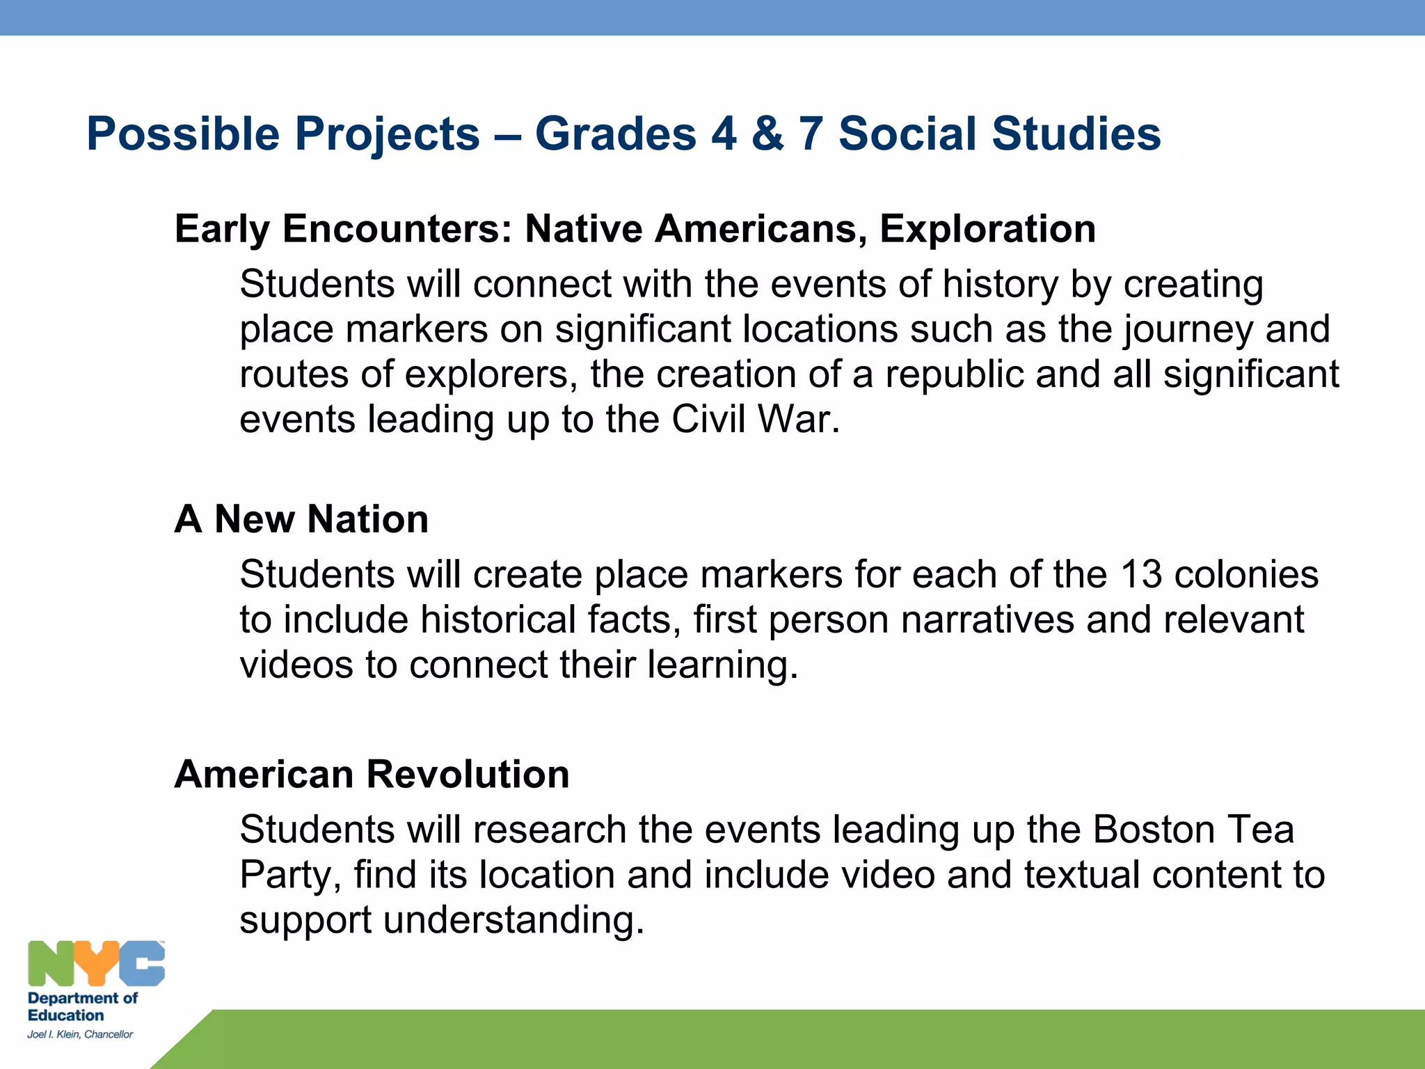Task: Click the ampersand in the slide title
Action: tap(767, 134)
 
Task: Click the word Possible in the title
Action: tap(182, 134)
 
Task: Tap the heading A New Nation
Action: tap(301, 519)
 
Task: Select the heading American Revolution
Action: tap(372, 774)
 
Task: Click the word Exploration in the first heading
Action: tap(987, 229)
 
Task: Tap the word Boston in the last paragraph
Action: tap(1153, 830)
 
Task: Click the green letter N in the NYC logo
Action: tap(50, 963)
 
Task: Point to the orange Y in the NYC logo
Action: tap(95, 963)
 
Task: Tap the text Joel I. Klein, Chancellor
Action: tap(80, 1034)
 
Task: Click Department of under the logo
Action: tap(82, 998)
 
